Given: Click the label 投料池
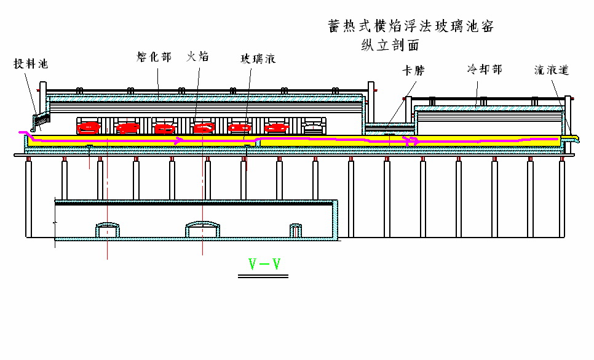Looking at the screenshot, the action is click(31, 63).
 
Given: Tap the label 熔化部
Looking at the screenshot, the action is click(154, 57).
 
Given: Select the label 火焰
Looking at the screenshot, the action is click(197, 57).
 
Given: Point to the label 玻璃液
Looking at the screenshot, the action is click(258, 58).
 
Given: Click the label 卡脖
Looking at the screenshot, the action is click(413, 71).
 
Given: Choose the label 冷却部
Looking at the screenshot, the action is click(485, 70).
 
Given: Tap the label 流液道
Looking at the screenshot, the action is click(552, 70).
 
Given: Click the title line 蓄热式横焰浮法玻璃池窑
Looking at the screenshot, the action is click(411, 26).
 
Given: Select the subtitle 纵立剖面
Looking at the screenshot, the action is click(390, 45).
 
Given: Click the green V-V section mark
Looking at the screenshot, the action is click(264, 264).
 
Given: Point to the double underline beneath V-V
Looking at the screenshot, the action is click(263, 276).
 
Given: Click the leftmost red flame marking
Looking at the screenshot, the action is click(89, 128).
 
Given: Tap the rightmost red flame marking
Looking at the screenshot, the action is click(277, 128).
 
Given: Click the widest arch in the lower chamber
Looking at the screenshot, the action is click(202, 229).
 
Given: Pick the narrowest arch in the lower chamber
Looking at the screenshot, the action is click(296, 230).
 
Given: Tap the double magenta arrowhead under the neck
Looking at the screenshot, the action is click(411, 142).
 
